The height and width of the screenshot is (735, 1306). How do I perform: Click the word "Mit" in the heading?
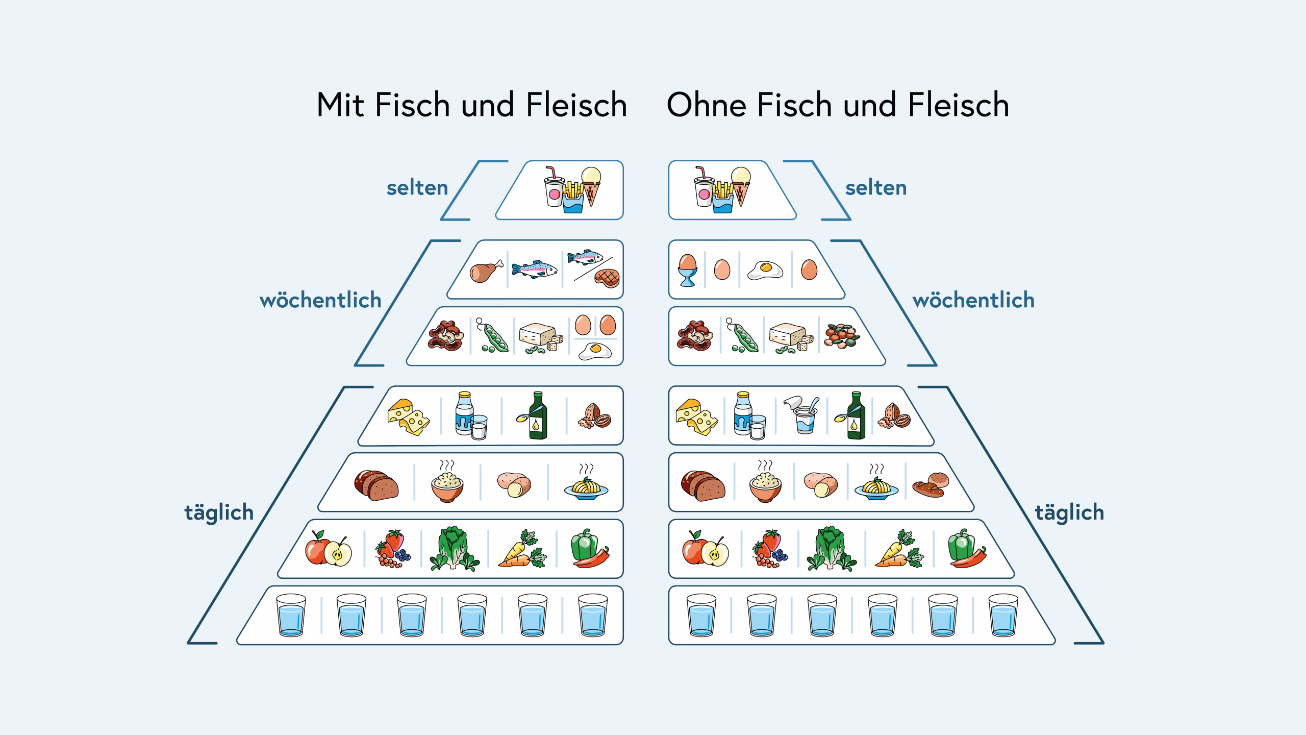click(x=340, y=105)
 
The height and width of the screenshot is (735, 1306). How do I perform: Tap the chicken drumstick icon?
click(x=485, y=271)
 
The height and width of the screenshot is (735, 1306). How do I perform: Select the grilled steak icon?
click(x=607, y=278)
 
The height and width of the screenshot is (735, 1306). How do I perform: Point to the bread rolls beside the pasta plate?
click(x=931, y=485)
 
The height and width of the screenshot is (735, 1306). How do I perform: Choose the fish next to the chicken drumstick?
click(x=535, y=269)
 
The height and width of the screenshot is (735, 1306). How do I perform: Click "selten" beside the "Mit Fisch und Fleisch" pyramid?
click(x=417, y=188)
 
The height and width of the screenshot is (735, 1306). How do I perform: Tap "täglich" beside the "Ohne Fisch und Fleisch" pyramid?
click(x=1069, y=512)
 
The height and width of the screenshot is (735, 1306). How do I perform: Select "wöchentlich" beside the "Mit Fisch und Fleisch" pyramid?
click(x=320, y=300)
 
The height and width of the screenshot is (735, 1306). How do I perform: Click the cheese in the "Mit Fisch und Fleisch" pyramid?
click(x=408, y=416)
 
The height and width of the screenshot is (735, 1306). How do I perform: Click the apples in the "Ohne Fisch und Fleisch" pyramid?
click(x=705, y=549)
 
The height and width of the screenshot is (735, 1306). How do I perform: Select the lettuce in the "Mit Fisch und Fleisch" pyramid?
click(x=453, y=549)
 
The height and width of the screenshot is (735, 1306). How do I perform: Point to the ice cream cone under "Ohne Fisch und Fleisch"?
click(x=741, y=185)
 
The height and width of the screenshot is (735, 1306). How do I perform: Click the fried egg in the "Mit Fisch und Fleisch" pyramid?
click(x=595, y=351)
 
